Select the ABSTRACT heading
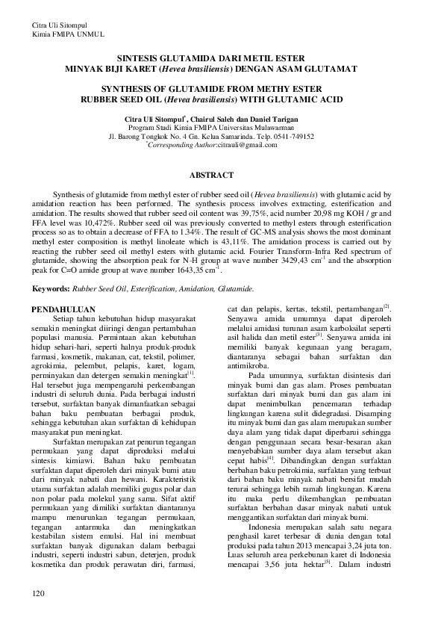221,174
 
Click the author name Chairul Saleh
216,119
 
